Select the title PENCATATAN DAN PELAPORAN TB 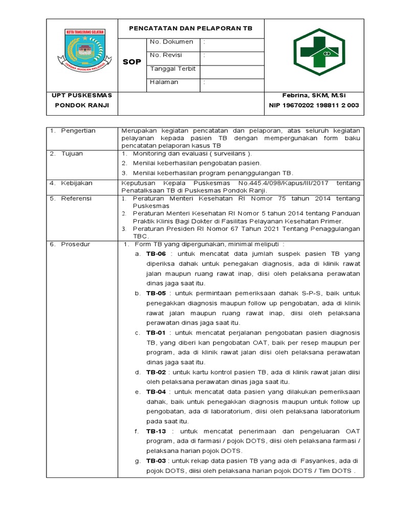click(190, 28)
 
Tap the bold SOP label click(132, 62)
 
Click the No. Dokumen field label click(171, 41)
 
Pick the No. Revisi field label click(166, 55)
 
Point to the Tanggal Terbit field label click(172, 69)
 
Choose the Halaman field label click(164, 82)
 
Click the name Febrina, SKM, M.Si click(314, 96)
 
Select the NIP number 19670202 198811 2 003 click(314, 105)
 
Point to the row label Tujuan click(73, 153)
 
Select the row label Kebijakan click(77, 183)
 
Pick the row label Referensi click(76, 198)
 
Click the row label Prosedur click(76, 244)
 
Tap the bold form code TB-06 click(156, 254)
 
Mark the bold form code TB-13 click(156, 431)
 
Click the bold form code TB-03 click(156, 461)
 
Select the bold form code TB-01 click(156, 333)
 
